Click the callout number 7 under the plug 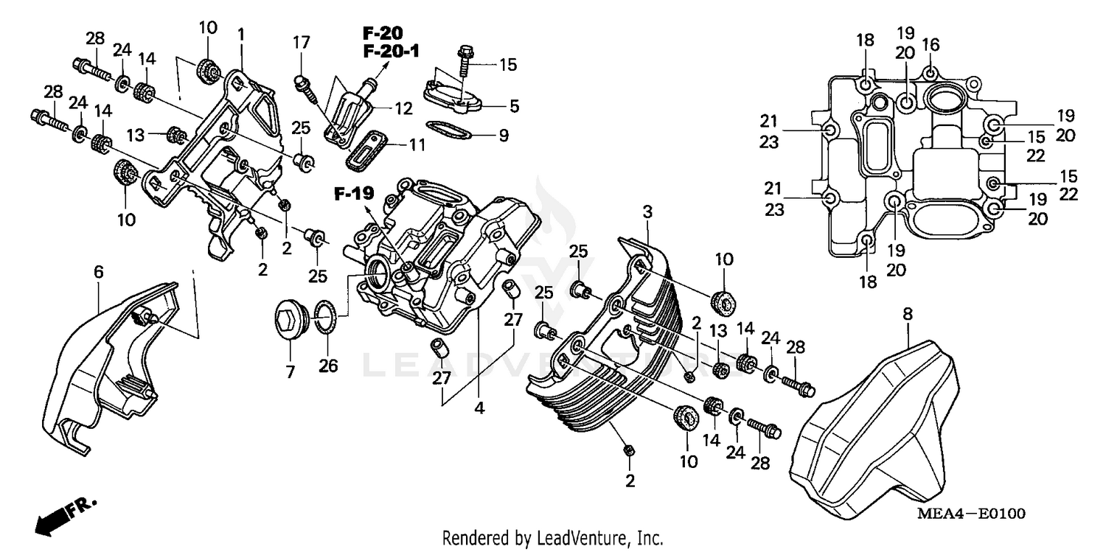click(x=290, y=371)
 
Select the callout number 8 click(x=908, y=314)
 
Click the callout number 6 click(x=98, y=272)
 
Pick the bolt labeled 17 click(x=305, y=83)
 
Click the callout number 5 click(x=513, y=106)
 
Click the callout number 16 click(x=931, y=45)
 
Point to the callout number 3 click(x=647, y=212)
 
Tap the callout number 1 click(x=240, y=34)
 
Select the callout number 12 click(x=403, y=109)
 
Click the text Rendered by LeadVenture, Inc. click(x=553, y=538)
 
